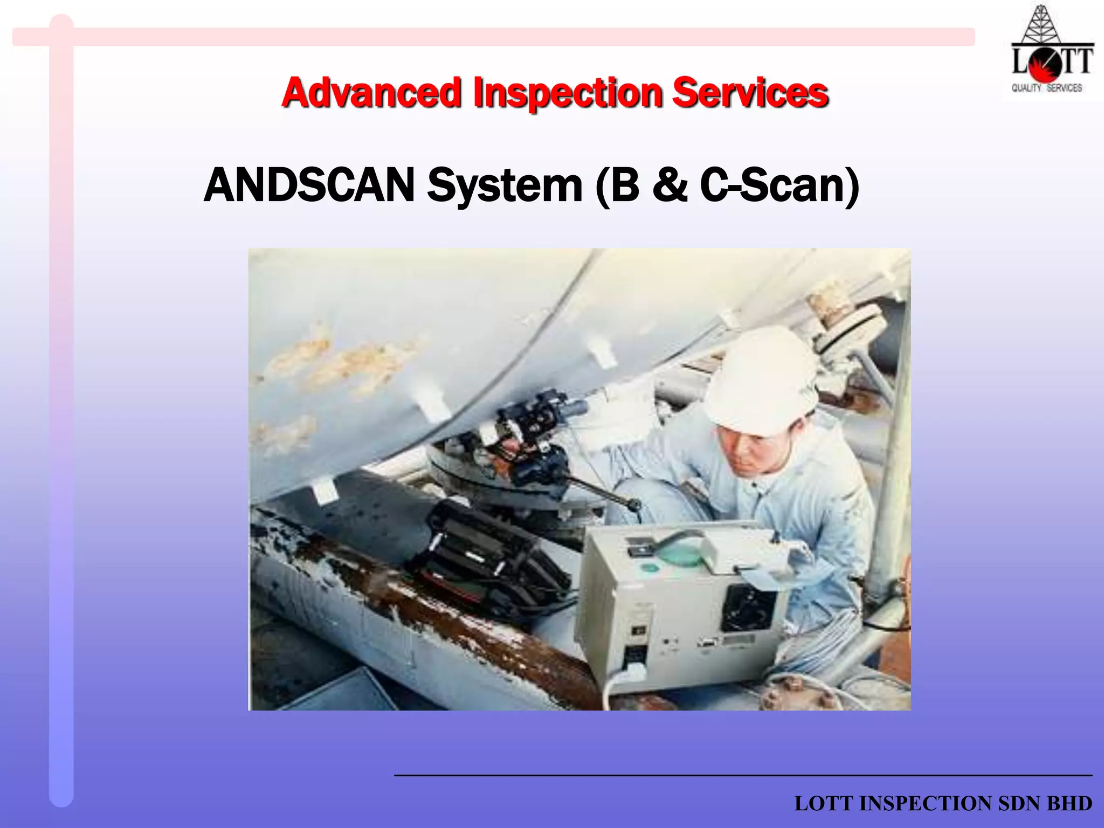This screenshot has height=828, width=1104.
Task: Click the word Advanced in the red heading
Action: [372, 93]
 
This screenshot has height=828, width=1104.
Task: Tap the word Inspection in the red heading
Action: [567, 93]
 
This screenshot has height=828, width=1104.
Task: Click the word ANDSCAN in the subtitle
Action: [309, 185]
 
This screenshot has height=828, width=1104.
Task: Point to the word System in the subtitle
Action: [505, 185]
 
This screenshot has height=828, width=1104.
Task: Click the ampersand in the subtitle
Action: [670, 185]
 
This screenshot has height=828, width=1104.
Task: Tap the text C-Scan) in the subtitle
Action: [779, 185]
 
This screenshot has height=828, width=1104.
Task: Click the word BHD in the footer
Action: [1069, 803]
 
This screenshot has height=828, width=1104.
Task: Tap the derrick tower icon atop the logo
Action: [1041, 24]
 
